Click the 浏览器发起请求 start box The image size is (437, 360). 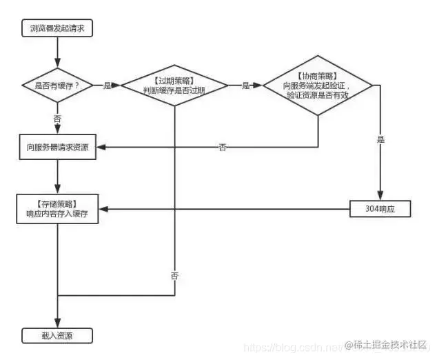pos(57,29)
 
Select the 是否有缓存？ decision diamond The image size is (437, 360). pos(57,86)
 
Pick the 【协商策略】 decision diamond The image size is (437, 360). pos(318,86)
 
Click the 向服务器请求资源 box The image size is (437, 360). pos(57,148)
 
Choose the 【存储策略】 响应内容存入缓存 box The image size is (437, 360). pos(57,209)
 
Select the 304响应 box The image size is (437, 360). pos(380,208)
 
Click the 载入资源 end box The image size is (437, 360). pos(57,336)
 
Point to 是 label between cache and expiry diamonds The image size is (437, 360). pos(107,86)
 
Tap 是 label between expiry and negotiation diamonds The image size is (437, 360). pos(245,86)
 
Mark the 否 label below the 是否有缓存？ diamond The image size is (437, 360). pos(57,119)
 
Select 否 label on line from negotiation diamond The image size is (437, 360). pos(222,147)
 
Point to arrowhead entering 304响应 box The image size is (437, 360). pos(380,197)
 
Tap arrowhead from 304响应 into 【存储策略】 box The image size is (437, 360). pos(101,208)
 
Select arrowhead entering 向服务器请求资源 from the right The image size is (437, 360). pos(101,147)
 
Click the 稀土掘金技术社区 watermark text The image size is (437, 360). pos(390,344)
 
